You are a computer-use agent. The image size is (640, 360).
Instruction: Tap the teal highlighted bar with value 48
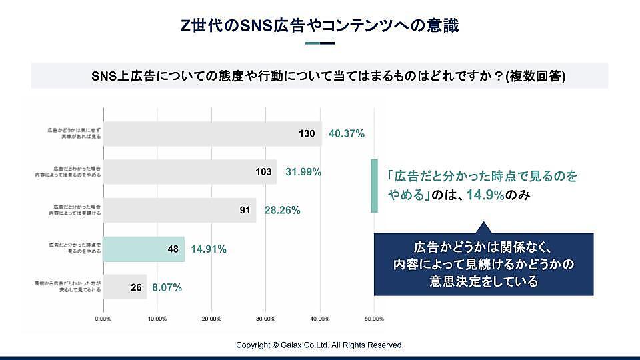143,249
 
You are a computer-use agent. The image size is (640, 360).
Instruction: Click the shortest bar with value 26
125,287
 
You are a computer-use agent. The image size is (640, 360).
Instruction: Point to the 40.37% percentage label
347,133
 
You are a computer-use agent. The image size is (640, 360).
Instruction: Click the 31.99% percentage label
303,172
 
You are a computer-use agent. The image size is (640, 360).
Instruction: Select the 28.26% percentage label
282,211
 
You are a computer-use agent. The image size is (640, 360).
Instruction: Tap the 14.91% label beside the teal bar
209,249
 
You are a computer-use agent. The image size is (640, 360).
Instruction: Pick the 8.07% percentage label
167,288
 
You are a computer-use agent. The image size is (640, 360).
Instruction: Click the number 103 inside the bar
263,172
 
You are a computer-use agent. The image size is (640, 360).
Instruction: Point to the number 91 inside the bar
245,211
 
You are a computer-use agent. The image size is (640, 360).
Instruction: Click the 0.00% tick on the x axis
103,319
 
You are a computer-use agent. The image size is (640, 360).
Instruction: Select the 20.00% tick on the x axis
211,319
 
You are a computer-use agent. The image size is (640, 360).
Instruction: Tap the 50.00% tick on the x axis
374,319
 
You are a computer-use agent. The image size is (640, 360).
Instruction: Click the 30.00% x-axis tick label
266,319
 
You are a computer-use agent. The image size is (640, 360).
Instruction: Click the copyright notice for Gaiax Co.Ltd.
319,345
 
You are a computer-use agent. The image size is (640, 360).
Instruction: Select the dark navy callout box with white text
483,263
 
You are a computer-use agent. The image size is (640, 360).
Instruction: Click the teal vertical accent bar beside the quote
374,187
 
